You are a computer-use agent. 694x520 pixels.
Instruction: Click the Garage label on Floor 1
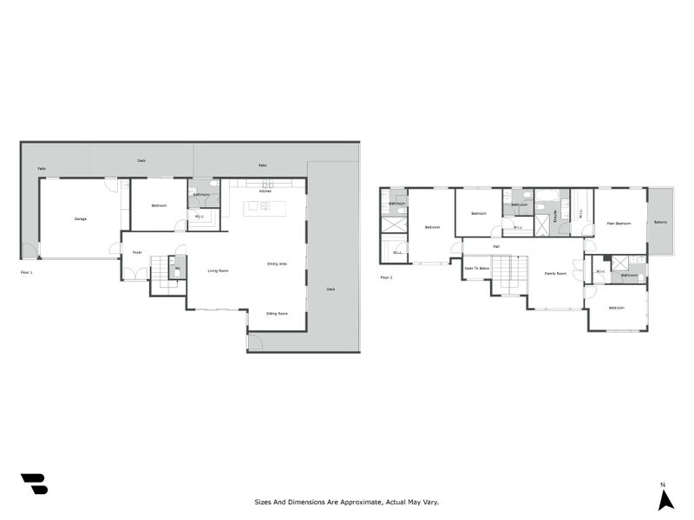(80, 218)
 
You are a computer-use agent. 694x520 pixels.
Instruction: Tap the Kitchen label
(265, 192)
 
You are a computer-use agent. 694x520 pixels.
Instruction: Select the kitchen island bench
(258, 206)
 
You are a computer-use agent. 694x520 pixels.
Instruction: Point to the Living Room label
(218, 271)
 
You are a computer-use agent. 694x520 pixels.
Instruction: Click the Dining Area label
(278, 263)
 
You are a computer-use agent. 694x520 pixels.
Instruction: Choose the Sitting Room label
(277, 313)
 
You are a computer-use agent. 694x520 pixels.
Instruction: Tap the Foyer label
(137, 252)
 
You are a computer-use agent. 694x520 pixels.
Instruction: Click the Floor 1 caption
(26, 272)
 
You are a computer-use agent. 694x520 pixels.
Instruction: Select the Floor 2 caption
(386, 277)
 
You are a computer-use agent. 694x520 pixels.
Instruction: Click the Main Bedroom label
(619, 224)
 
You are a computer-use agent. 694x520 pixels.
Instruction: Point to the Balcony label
(661, 222)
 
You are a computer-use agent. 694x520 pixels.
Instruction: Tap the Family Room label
(555, 273)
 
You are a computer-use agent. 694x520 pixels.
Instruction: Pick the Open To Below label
(476, 269)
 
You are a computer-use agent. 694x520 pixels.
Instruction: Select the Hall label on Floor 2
(496, 247)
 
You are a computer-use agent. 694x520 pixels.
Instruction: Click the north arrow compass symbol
(665, 499)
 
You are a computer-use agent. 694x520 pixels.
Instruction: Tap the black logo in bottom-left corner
(34, 483)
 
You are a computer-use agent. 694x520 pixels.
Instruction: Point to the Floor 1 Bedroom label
(159, 205)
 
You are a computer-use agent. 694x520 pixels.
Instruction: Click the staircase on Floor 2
(510, 273)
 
